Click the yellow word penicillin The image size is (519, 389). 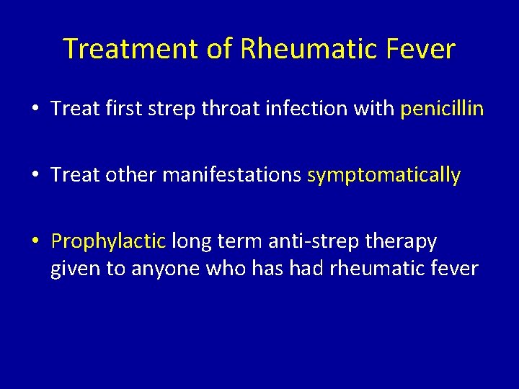point(442,109)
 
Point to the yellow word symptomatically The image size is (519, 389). point(383,175)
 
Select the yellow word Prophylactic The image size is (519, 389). point(109,241)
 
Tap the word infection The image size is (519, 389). point(307,109)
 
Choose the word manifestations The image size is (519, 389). point(231,175)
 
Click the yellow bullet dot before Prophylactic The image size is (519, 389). point(36,241)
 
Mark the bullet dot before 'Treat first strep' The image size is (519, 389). point(36,109)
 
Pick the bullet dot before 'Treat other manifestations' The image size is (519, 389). point(36,176)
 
